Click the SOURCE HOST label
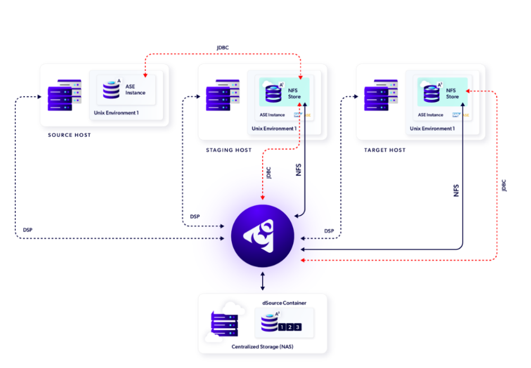(x=69, y=135)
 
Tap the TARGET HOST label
(x=384, y=150)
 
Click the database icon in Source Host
(x=112, y=90)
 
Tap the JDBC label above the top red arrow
(x=222, y=48)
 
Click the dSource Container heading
(x=284, y=303)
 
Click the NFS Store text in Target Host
(x=452, y=93)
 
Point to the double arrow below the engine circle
(x=263, y=281)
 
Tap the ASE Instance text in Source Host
(x=135, y=90)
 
